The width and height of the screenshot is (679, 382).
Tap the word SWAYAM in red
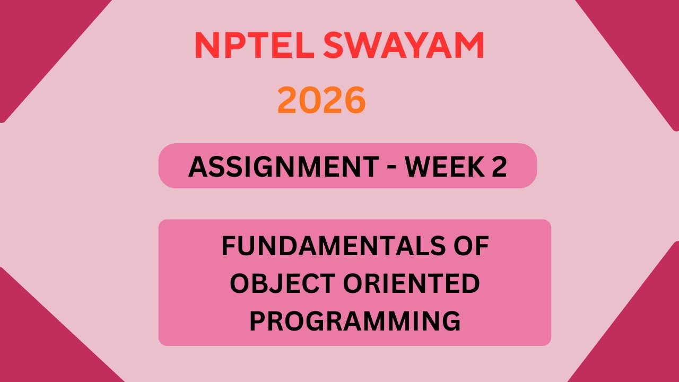point(403,46)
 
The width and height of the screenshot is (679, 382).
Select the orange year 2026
point(321,101)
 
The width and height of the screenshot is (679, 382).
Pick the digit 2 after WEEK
point(499,167)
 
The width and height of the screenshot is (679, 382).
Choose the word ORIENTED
point(411,284)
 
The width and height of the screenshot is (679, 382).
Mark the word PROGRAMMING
point(354,322)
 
